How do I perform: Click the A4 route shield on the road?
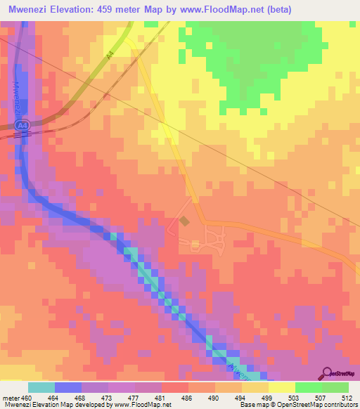pyautogui.click(x=23, y=124)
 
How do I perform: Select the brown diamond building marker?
pyautogui.click(x=185, y=221)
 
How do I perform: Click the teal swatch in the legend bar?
pyautogui.click(x=41, y=387)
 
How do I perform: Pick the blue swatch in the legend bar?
pyautogui.click(x=67, y=387)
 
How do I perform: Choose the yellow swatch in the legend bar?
pyautogui.click(x=281, y=387)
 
